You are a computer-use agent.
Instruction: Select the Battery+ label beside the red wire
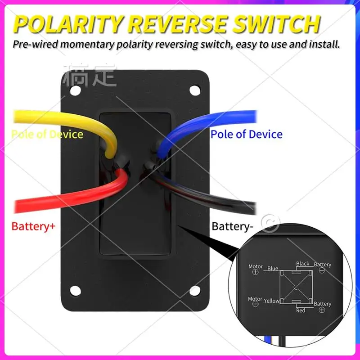33,226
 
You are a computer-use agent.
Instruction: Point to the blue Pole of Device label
247,134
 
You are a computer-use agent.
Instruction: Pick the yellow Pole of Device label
47,134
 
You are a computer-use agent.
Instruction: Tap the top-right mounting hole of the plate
194,90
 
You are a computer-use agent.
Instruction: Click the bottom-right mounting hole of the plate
194,290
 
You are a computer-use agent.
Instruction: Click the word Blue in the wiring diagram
273,269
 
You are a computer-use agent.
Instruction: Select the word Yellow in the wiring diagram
271,301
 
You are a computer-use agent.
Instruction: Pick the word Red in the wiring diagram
301,310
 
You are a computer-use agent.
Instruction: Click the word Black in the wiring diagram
302,264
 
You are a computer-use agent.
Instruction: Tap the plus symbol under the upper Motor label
256,273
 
